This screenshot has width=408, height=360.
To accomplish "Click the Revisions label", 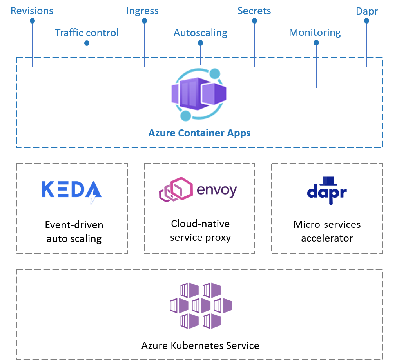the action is click(32, 11).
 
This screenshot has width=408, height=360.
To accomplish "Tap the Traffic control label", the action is click(87, 33).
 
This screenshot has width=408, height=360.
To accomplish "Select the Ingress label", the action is click(142, 11).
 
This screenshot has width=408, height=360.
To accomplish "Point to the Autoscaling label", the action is click(200, 33).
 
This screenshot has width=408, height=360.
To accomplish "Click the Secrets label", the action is click(254, 11).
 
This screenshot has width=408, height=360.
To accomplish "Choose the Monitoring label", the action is click(315, 33).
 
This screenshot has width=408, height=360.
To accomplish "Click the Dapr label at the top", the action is click(367, 11).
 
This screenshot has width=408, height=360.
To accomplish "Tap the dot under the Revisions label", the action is click(32, 21).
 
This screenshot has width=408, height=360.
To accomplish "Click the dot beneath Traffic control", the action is click(87, 43).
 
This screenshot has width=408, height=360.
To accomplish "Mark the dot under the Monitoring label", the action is click(316, 43).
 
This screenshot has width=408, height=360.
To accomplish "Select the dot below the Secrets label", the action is click(254, 21).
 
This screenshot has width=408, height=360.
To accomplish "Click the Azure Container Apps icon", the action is click(199, 95).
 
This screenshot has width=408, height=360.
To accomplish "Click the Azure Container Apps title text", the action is click(199, 133).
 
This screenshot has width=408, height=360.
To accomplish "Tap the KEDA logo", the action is click(72, 192).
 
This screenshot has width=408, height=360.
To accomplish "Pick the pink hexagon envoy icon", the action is click(176, 190).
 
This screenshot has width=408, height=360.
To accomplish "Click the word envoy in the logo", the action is click(217, 191).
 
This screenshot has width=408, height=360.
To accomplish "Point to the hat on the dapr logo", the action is click(328, 181).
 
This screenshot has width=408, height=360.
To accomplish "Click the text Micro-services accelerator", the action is click(327, 231).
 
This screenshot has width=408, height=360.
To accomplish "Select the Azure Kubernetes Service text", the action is click(200, 345).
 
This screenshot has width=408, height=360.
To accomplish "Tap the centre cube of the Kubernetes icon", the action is click(201, 305).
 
